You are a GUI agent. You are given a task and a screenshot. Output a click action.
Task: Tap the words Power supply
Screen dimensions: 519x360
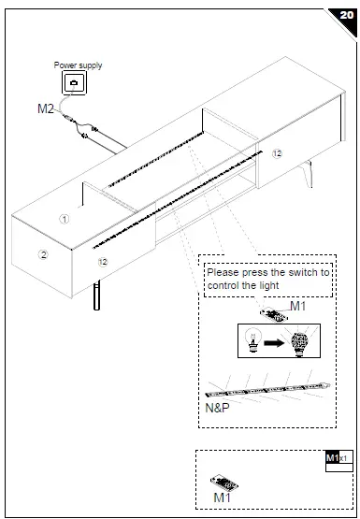pyautogui.click(x=78, y=65)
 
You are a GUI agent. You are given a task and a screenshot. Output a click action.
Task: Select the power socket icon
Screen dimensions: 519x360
pyautogui.click(x=75, y=84)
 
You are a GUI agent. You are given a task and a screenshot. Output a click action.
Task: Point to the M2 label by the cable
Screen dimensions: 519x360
pyautogui.click(x=45, y=109)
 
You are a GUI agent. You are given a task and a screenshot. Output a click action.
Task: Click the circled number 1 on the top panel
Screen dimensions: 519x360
pyautogui.click(x=65, y=219)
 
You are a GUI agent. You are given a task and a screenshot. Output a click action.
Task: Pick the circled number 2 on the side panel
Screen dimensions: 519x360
pyautogui.click(x=42, y=254)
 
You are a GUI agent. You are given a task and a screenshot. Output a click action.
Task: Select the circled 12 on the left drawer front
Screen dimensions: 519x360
pyautogui.click(x=104, y=263)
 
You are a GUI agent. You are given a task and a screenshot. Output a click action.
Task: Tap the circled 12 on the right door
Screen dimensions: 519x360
pyautogui.click(x=277, y=152)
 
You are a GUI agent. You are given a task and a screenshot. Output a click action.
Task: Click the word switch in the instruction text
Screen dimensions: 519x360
pyautogui.click(x=299, y=273)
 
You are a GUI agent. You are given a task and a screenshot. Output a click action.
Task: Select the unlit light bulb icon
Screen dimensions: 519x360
pyautogui.click(x=252, y=341)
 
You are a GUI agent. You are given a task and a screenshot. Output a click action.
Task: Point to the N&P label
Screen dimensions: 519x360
pyautogui.click(x=217, y=409)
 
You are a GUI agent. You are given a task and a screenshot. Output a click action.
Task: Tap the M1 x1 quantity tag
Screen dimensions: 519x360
pyautogui.click(x=337, y=458)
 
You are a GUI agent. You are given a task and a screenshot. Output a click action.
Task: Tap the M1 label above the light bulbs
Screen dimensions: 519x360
pyautogui.click(x=297, y=306)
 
